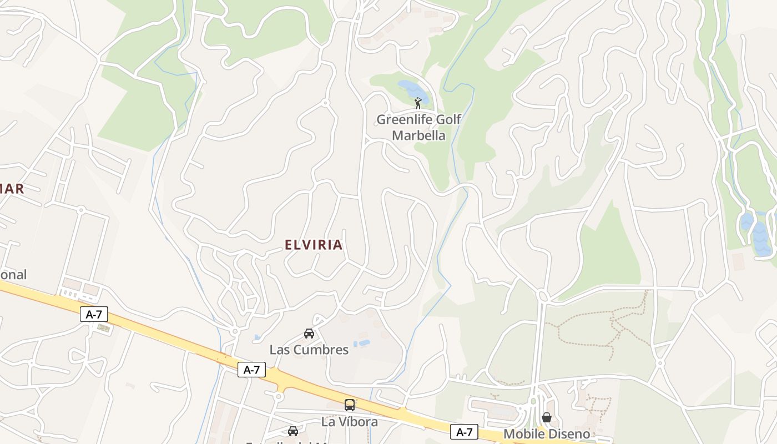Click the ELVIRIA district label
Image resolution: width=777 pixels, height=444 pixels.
tap(314, 245)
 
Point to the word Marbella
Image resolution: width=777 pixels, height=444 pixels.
tap(418, 135)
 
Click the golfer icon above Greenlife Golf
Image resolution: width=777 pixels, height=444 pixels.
tap(418, 103)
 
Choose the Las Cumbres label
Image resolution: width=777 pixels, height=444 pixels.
tap(309, 350)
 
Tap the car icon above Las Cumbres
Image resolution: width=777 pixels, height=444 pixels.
tap(309, 333)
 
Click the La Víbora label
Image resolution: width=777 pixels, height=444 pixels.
tap(350, 422)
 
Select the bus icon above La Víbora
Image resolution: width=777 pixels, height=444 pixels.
tap(350, 405)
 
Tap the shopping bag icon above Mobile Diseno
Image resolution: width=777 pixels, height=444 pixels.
tap(547, 417)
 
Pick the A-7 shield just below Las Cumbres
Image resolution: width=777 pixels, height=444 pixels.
tap(251, 370)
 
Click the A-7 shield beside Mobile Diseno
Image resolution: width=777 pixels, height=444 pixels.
tap(464, 431)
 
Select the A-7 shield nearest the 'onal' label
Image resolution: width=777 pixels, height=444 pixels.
tap(94, 314)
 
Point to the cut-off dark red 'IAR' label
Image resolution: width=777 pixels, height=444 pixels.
tap(12, 189)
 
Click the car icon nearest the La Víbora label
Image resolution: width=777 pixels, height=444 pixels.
tap(292, 431)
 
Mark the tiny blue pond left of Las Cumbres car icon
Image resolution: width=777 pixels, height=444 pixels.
tap(257, 337)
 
